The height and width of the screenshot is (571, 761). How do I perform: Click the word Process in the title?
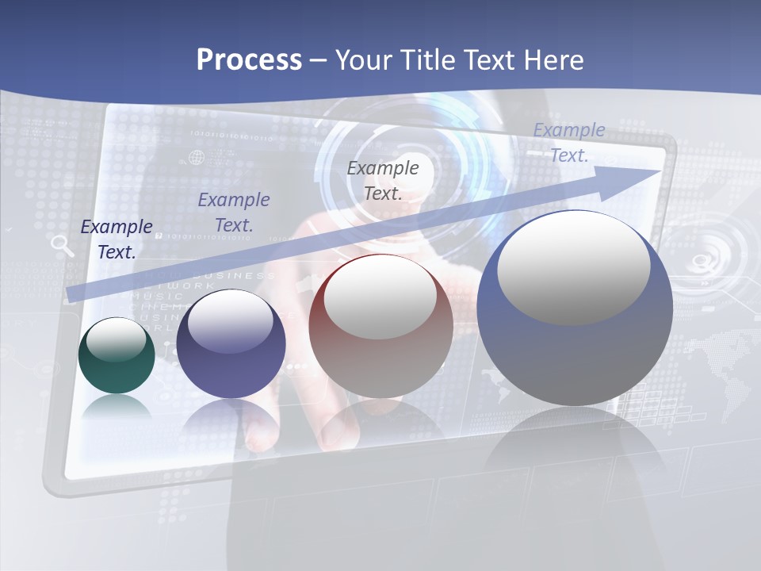pos(249,59)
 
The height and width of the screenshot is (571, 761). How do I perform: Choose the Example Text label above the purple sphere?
pos(234,213)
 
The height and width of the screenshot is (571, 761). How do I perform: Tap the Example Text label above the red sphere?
pos(383,180)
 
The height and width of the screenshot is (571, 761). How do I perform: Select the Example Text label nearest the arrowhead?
pos(569,143)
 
